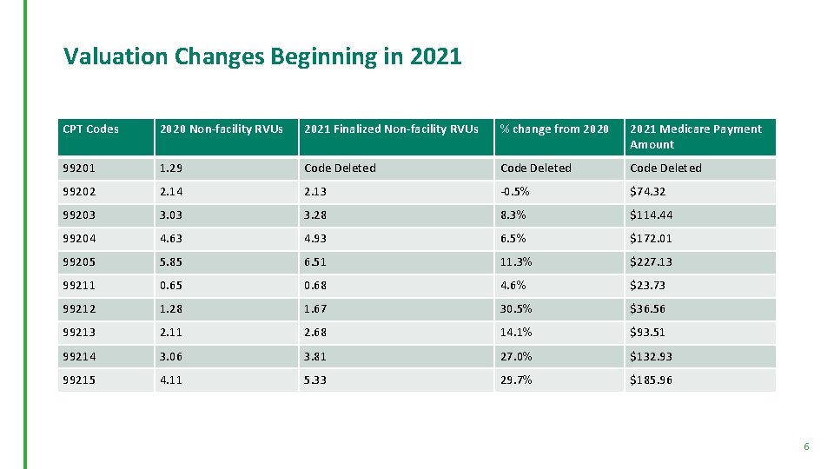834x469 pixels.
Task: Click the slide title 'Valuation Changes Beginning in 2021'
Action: [x=262, y=57]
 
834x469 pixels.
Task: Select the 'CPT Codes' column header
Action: [x=91, y=129]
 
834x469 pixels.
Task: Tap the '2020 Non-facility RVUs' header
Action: [x=221, y=129]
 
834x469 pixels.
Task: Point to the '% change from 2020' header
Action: [x=554, y=129]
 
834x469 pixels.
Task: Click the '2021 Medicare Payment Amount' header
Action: [x=695, y=136]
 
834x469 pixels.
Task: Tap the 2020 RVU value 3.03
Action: [x=171, y=215]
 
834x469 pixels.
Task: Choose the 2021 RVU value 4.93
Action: [x=316, y=239]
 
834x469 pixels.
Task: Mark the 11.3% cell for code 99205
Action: [x=516, y=262]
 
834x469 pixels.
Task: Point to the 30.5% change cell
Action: [x=516, y=309]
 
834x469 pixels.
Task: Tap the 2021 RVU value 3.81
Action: [x=316, y=357]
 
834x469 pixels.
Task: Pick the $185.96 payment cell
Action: [x=652, y=380]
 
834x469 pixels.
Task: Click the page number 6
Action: [x=806, y=446]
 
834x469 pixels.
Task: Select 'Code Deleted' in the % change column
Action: [x=536, y=168]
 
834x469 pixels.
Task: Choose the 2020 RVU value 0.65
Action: [x=171, y=286]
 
